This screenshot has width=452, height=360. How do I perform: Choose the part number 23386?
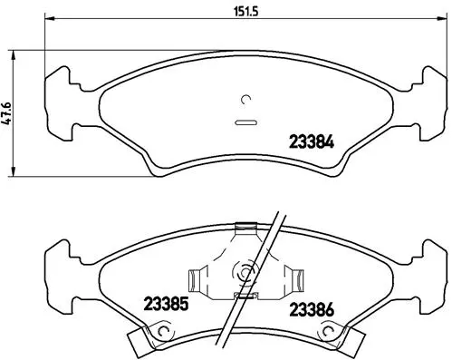coord(312,309)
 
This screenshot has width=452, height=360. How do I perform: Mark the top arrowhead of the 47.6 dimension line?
coord(14,52)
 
